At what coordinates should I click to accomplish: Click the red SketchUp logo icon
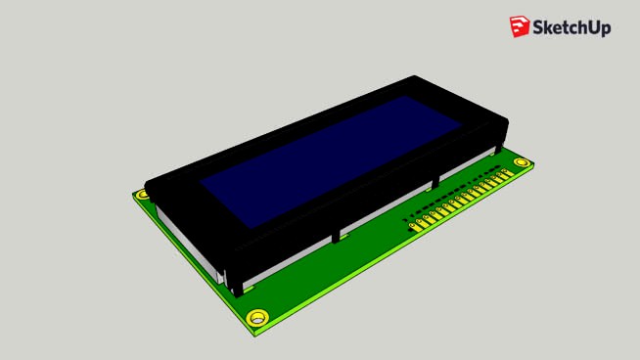(x=519, y=27)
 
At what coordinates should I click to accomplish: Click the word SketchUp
(x=571, y=28)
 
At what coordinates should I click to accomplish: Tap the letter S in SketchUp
(x=539, y=27)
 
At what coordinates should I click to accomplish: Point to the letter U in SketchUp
(x=589, y=27)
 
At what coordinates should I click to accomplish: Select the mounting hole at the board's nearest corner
(x=257, y=318)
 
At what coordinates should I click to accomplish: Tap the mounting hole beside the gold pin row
(x=522, y=163)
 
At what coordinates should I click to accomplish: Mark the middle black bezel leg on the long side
(x=338, y=235)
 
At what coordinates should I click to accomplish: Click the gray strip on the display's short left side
(x=191, y=245)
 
